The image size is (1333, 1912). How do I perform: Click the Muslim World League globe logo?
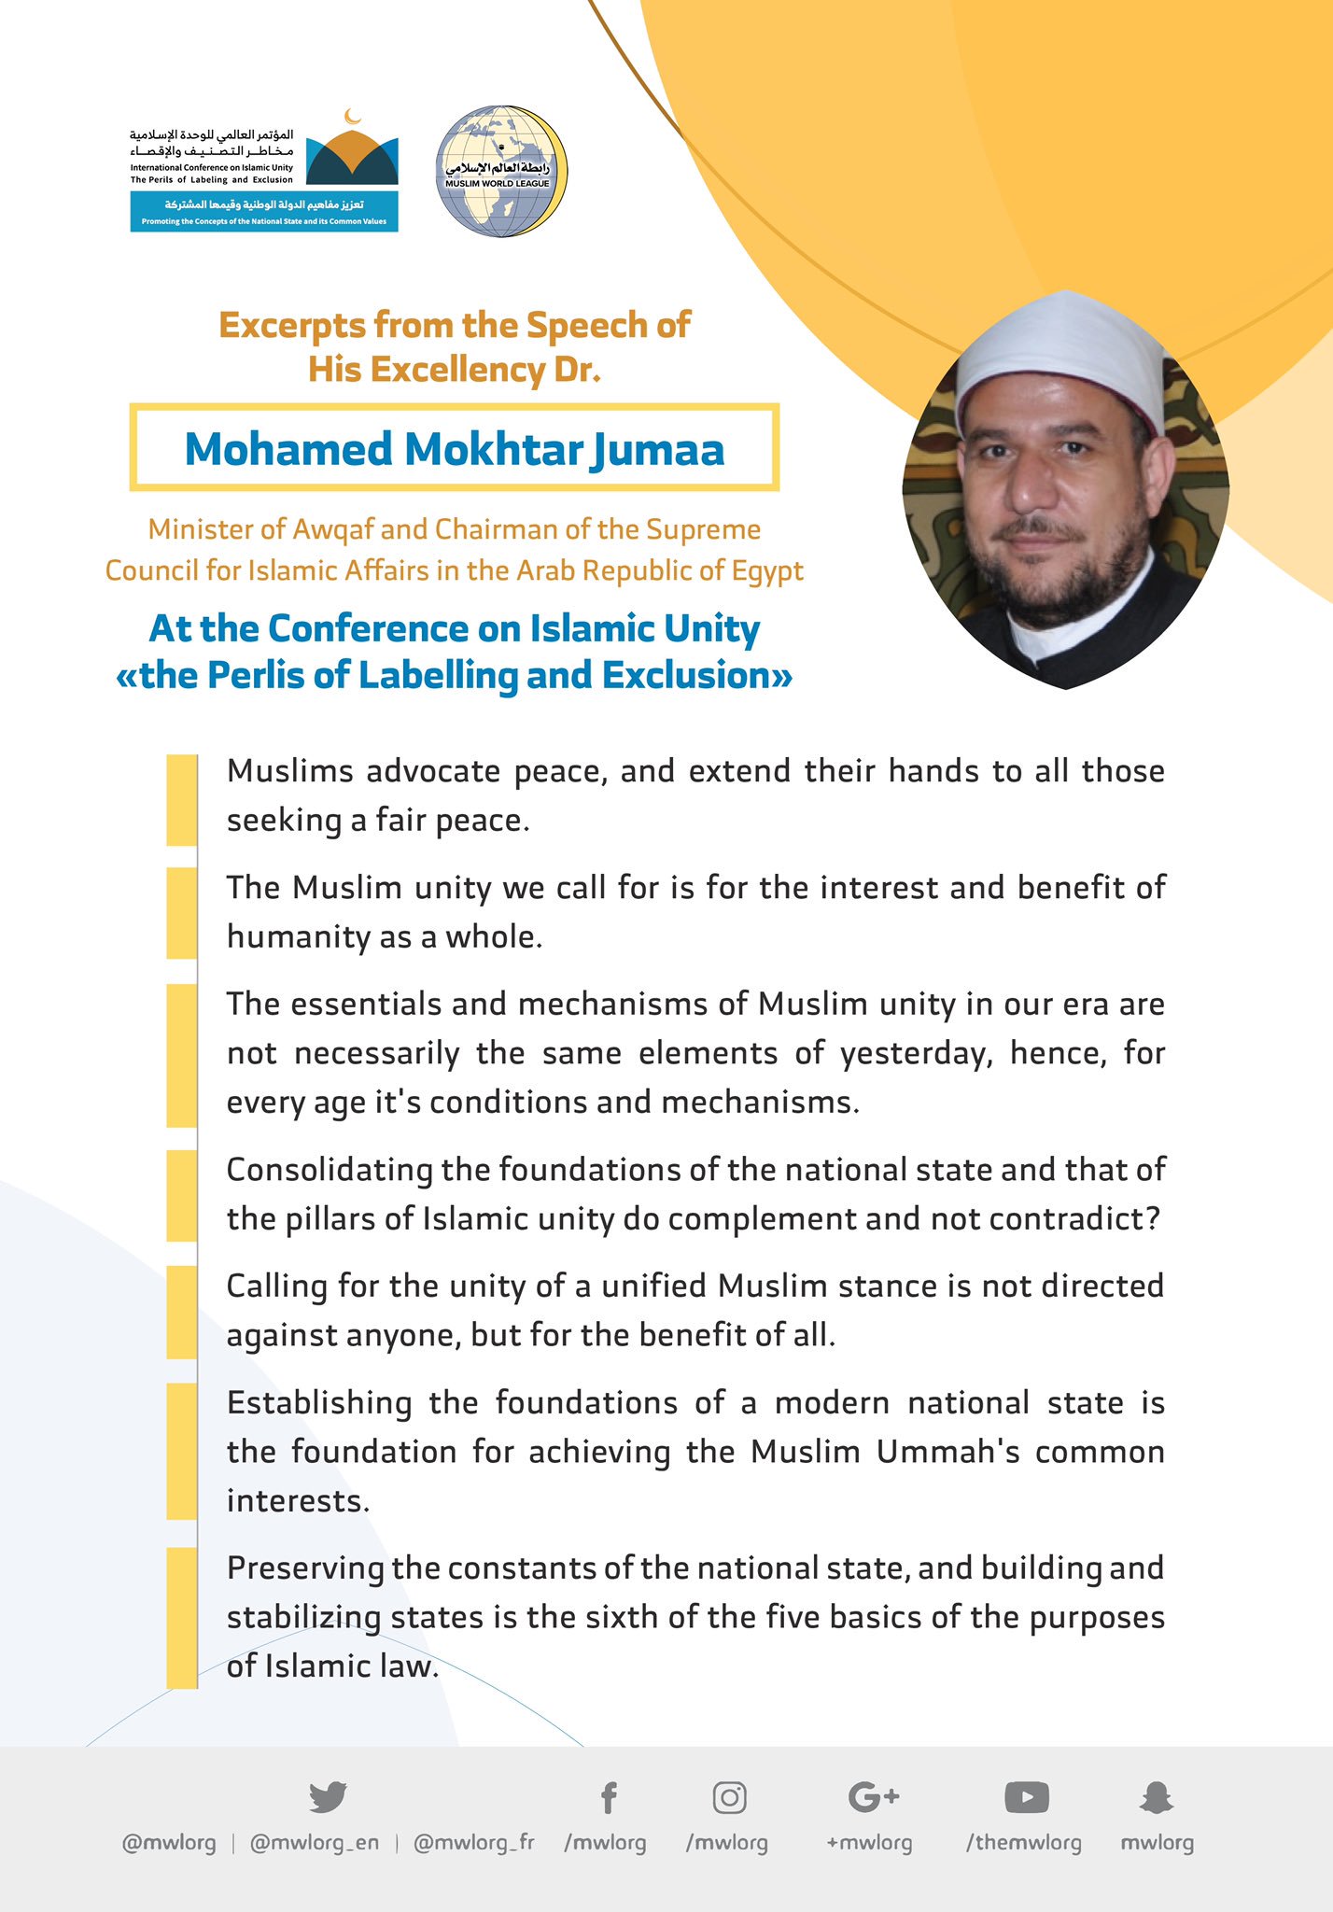point(501,171)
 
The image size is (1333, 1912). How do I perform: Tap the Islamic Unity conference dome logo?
point(352,154)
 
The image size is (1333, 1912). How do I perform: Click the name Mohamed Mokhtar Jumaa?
point(454,449)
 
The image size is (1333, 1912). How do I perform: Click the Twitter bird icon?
point(328,1795)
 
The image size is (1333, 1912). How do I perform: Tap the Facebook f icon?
point(608,1796)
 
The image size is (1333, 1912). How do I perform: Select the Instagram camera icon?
point(729,1796)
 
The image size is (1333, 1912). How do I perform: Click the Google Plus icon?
point(873,1795)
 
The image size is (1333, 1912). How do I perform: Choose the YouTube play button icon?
point(1026,1796)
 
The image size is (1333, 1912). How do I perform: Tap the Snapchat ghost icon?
point(1157,1796)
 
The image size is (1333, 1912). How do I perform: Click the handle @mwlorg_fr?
point(473,1842)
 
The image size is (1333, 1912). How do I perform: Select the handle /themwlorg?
point(1023,1842)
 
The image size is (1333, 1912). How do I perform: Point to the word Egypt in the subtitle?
point(763,570)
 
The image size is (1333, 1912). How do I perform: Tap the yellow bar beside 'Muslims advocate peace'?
point(182,799)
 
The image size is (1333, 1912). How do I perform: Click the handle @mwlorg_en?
point(315,1842)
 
